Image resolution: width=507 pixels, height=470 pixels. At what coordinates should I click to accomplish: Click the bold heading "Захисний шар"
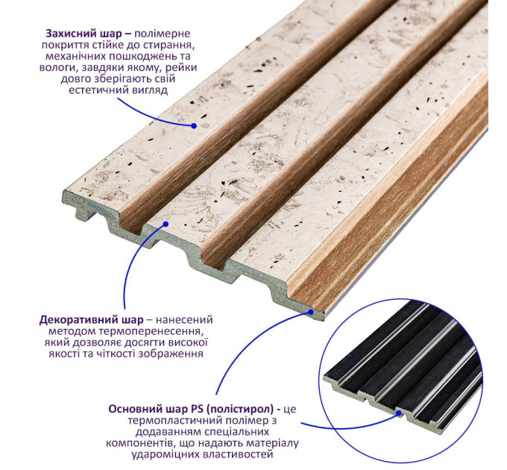[x=84, y=34]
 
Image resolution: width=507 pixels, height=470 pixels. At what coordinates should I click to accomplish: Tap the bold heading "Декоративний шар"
[x=91, y=320]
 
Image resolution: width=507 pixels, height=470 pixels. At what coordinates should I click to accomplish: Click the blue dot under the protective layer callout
[x=194, y=126]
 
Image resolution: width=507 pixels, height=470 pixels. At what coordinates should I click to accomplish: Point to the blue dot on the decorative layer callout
[x=166, y=224]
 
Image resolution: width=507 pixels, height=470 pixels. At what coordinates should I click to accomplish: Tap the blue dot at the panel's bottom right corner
[x=311, y=312]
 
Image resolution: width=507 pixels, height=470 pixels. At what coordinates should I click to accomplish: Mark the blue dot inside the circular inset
[x=399, y=413]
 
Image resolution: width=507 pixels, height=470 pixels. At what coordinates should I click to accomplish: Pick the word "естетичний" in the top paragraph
[x=95, y=90]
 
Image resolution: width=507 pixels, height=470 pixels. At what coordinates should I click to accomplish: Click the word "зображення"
[x=171, y=354]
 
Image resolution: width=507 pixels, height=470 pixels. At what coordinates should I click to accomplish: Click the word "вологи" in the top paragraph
[x=57, y=68]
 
